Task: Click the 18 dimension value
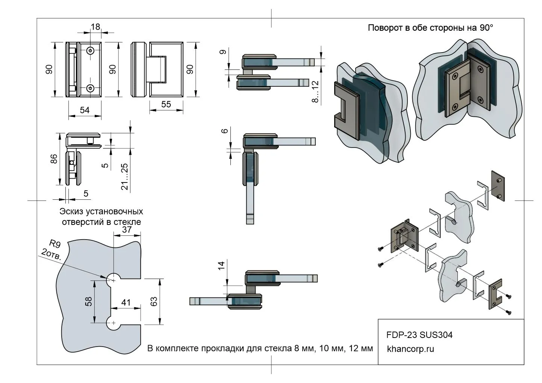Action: pyautogui.click(x=95, y=27)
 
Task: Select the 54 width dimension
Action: pyautogui.click(x=85, y=110)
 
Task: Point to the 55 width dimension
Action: pyautogui.click(x=166, y=104)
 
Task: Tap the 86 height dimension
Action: pyautogui.click(x=54, y=159)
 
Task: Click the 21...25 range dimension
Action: pyautogui.click(x=125, y=176)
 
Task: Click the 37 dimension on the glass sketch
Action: pyautogui.click(x=127, y=229)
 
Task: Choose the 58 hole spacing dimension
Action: pyautogui.click(x=89, y=301)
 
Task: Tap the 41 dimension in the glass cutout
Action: pyautogui.click(x=126, y=302)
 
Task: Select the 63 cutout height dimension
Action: pyautogui.click(x=154, y=301)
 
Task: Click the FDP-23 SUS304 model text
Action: pyautogui.click(x=419, y=335)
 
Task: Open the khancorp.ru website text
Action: pyautogui.click(x=410, y=349)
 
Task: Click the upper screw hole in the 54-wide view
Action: pyautogui.click(x=91, y=51)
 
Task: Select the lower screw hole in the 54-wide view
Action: pyautogui.click(x=91, y=88)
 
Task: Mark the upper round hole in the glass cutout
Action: pyautogui.click(x=113, y=279)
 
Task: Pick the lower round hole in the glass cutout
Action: pyautogui.click(x=113, y=323)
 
